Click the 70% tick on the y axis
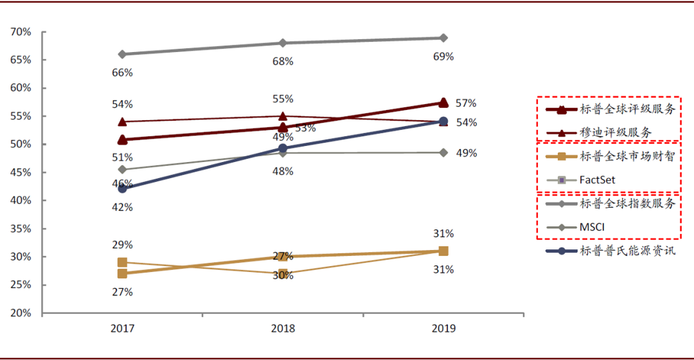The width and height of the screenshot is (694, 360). coord(20,32)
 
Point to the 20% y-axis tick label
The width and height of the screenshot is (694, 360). coord(20,313)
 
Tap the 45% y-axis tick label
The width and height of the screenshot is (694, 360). coord(20,173)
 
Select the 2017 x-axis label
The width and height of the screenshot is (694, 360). coord(122,329)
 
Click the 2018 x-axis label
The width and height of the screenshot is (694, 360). coord(283,329)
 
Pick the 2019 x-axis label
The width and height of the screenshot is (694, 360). coord(443,329)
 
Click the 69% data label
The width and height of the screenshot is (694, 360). coord(443,57)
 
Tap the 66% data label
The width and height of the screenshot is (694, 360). coord(122,72)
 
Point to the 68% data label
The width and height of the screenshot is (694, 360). coord(283,61)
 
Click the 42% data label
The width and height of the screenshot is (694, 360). coord(122,207)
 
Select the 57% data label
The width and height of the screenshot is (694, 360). coord(465,103)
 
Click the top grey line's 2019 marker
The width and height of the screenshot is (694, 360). coord(443,38)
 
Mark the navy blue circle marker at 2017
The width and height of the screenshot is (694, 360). coord(122,189)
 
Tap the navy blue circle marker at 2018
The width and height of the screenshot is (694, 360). coord(283,149)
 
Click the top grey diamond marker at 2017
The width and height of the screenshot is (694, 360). coord(122,54)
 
